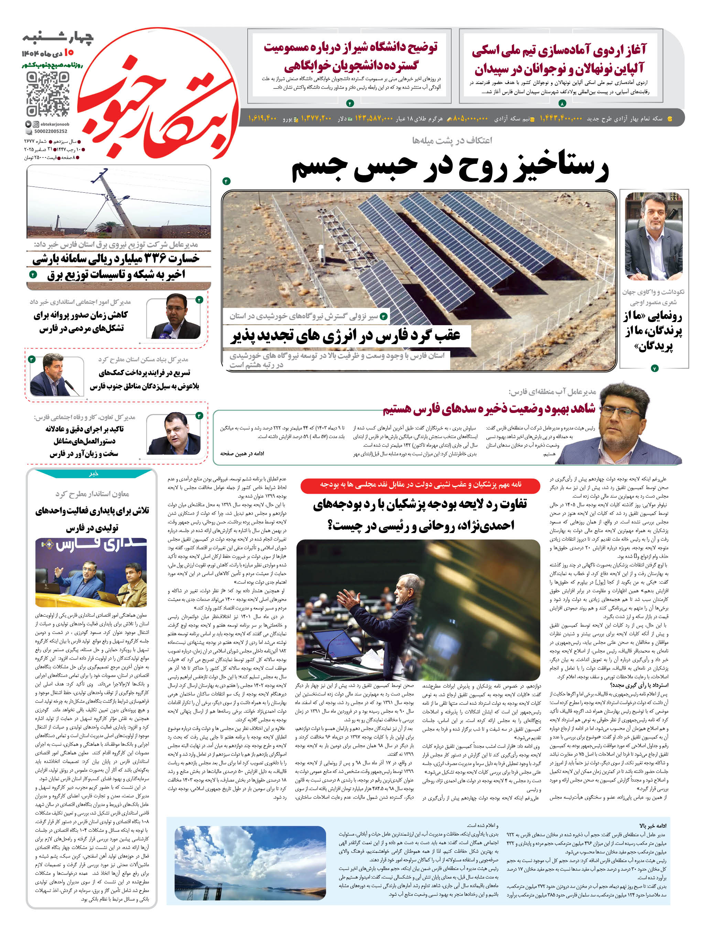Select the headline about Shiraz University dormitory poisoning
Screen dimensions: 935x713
click(350, 56)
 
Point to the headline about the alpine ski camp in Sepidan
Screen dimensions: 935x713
click(559, 59)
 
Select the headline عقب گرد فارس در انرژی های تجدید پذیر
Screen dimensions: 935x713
click(346, 336)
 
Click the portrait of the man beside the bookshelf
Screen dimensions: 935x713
click(653, 236)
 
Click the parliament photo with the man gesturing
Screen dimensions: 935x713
click(418, 609)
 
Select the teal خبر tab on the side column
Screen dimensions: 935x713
click(93, 474)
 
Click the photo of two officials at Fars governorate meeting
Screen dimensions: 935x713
click(91, 572)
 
